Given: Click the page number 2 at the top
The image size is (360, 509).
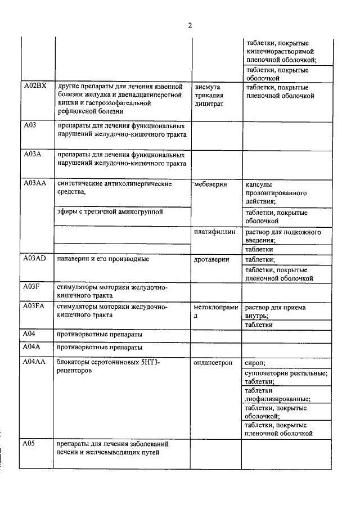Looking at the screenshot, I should [x=190, y=25].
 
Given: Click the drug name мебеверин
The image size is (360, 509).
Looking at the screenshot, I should [x=210, y=184].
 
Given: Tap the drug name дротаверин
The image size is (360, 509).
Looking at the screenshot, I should [x=211, y=260].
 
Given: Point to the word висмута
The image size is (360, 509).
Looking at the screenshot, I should [x=207, y=87].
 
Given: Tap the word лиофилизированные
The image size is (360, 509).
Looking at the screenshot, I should [x=277, y=399].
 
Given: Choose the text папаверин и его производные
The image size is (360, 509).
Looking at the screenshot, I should [x=103, y=259].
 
